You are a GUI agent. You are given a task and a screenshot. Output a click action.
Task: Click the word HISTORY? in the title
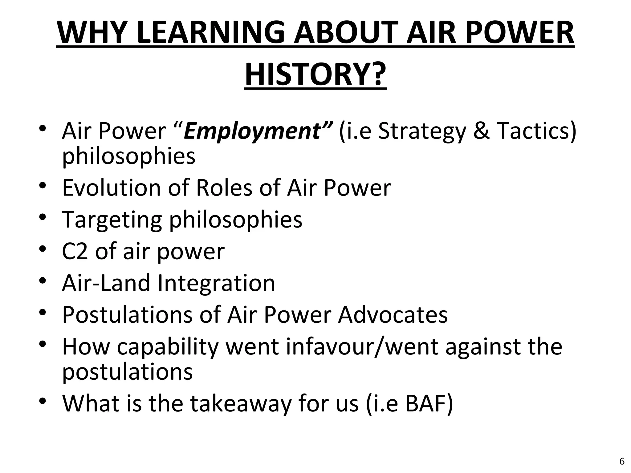point(315,74)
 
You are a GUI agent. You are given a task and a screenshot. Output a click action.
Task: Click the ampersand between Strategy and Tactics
point(481,131)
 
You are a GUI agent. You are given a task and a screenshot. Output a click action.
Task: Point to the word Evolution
point(112,188)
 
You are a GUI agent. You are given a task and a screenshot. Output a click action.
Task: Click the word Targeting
point(112,220)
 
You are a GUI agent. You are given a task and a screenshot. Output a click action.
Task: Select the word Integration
point(216,283)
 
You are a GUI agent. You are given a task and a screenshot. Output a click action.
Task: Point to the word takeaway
point(241,404)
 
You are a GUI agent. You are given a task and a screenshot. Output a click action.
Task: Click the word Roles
point(224,188)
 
